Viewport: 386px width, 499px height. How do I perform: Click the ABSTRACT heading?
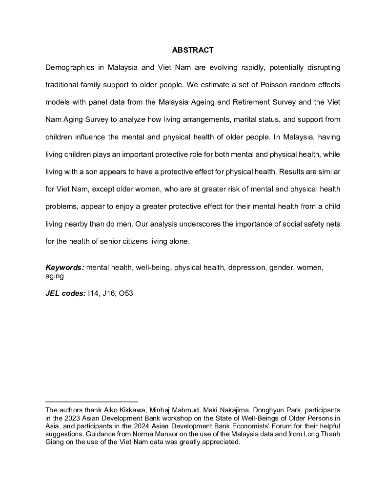(x=193, y=50)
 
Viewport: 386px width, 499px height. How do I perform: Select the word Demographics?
(x=69, y=67)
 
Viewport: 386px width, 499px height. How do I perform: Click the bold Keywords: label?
(x=65, y=267)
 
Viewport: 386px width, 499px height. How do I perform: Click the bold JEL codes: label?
(x=65, y=293)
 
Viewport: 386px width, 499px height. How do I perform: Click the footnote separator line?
(x=92, y=402)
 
